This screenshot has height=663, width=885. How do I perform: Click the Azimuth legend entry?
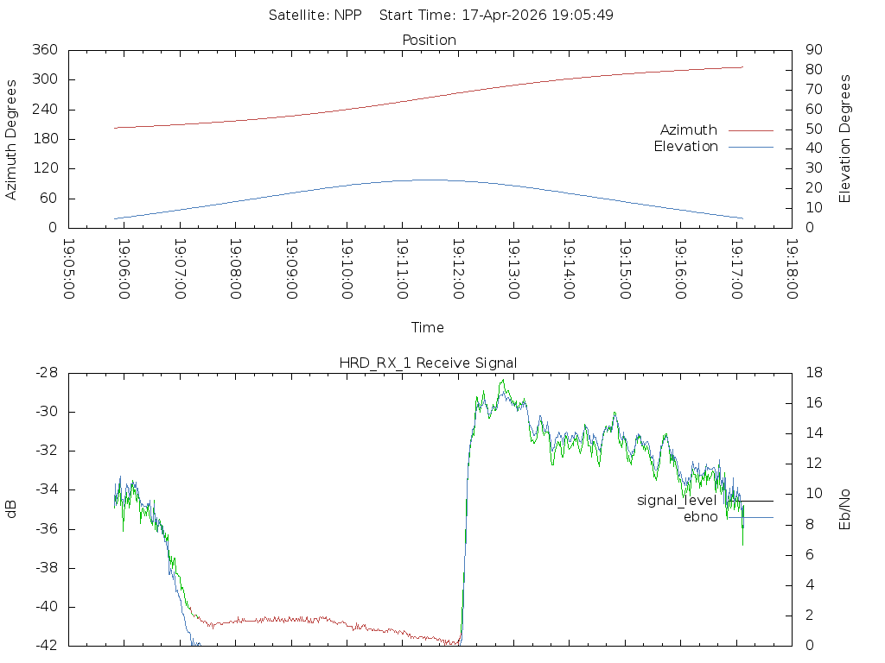point(689,130)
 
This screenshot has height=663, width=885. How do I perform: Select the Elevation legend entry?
point(685,147)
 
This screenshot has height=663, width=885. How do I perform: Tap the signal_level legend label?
point(677,501)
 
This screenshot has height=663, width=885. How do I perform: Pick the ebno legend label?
point(700,517)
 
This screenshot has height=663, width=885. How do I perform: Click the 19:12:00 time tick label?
point(458,269)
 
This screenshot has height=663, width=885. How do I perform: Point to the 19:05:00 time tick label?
point(68,269)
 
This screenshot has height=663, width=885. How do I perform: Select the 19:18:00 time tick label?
point(792,269)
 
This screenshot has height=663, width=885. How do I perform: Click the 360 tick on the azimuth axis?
point(45,49)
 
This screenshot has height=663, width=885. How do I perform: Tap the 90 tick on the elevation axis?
point(814,49)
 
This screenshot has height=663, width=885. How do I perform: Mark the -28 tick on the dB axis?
point(47,373)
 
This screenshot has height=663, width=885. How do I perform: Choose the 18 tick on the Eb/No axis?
point(814,373)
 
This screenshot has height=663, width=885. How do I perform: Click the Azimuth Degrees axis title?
point(10,140)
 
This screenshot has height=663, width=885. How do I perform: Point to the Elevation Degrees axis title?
point(844,139)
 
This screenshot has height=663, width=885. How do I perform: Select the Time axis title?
point(427,327)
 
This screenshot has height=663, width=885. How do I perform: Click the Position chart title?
point(429,40)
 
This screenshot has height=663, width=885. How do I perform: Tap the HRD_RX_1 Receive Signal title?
point(428,363)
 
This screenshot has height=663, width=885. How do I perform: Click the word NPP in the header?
point(347,16)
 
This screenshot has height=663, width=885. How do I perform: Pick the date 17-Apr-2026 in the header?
point(504,16)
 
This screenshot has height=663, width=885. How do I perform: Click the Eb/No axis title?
point(844,509)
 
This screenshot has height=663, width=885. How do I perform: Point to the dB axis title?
point(10,509)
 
